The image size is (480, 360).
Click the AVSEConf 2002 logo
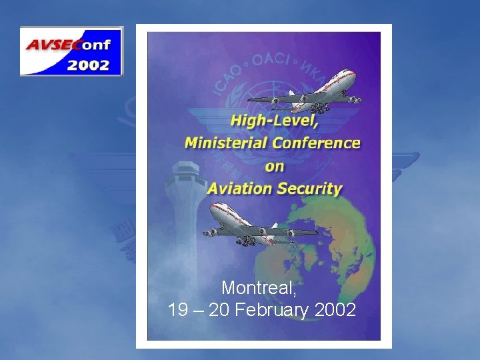[x=71, y=51]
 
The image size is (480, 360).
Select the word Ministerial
[x=225, y=143]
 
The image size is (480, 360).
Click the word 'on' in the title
[x=274, y=165]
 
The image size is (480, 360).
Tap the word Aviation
[x=239, y=188]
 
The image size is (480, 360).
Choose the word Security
[x=310, y=188]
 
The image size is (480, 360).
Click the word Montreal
[x=259, y=288]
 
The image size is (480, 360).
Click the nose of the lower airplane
[x=213, y=207]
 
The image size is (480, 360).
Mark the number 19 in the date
[x=178, y=310]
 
